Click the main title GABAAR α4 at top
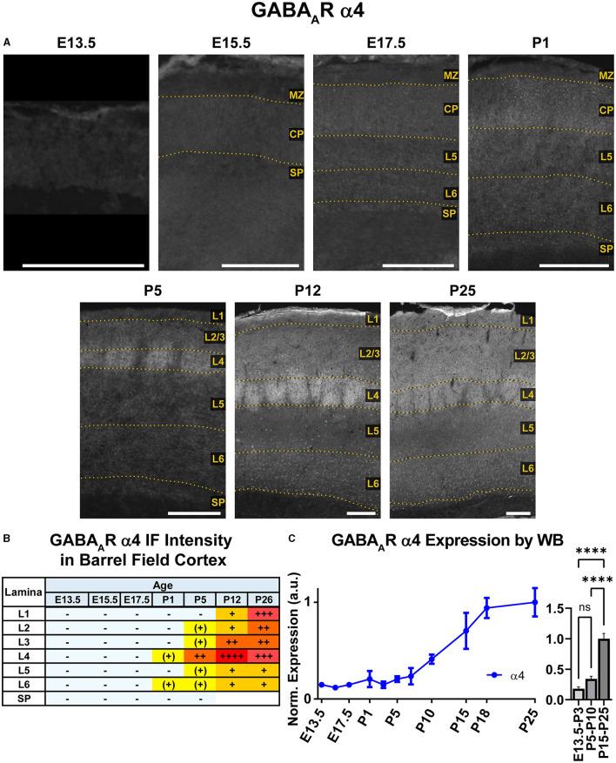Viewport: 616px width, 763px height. click(x=308, y=13)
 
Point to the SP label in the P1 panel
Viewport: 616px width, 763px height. click(x=604, y=249)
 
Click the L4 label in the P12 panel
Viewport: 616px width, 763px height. click(x=372, y=395)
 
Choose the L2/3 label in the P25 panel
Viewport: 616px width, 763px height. click(x=522, y=355)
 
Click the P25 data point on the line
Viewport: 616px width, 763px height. click(x=534, y=602)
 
